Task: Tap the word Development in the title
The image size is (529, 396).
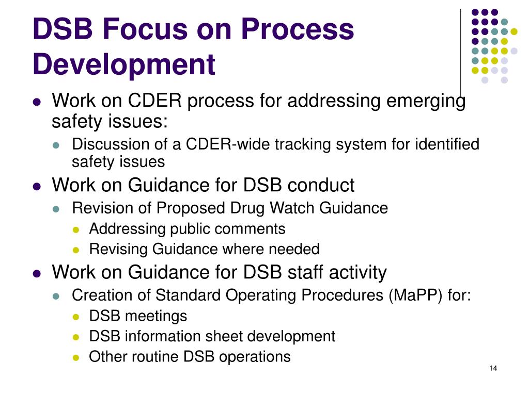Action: pos(124,65)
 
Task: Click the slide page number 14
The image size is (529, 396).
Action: pos(492,368)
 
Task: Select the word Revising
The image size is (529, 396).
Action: pos(118,250)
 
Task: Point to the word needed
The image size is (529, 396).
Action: pos(297,250)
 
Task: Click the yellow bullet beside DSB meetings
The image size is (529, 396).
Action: pos(76,316)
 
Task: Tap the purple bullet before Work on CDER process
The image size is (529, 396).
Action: pos(37,102)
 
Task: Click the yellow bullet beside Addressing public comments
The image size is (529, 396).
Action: pos(76,229)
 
